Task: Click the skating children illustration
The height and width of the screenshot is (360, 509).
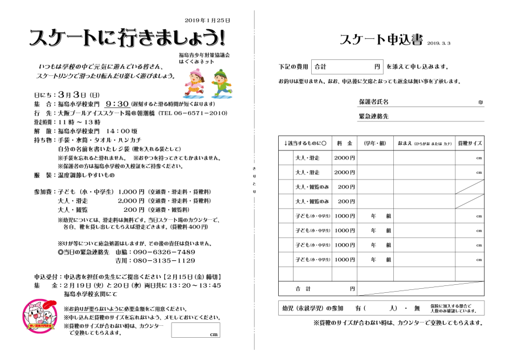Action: click(x=207, y=82)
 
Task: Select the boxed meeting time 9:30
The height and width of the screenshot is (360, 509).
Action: click(x=116, y=104)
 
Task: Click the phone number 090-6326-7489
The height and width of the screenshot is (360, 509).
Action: click(x=164, y=252)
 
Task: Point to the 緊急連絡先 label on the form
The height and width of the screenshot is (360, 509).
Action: click(x=373, y=116)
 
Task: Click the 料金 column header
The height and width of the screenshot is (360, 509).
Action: click(x=344, y=143)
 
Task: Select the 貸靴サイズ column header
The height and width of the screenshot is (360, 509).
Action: click(x=470, y=143)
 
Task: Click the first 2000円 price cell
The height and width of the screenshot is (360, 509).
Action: click(x=344, y=158)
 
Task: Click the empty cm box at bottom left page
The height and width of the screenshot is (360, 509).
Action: click(x=195, y=330)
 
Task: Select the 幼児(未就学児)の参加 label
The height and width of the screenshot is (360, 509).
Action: click(x=313, y=308)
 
